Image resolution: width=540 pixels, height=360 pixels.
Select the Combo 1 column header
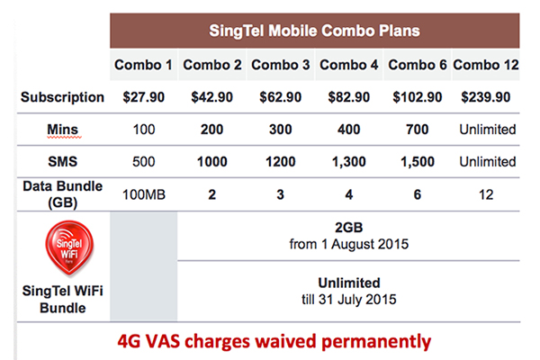[x=143, y=65]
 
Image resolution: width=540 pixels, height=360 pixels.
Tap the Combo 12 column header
[x=485, y=65]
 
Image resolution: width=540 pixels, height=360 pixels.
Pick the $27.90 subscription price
[x=143, y=96]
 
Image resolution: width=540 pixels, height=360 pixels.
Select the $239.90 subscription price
[x=485, y=96]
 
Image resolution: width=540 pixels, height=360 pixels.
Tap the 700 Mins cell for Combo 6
[x=418, y=130]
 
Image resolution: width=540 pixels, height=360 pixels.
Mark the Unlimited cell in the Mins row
[x=486, y=130]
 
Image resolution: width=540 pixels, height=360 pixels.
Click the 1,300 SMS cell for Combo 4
[x=349, y=162]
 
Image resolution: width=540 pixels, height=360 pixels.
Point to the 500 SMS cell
[x=143, y=162]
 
